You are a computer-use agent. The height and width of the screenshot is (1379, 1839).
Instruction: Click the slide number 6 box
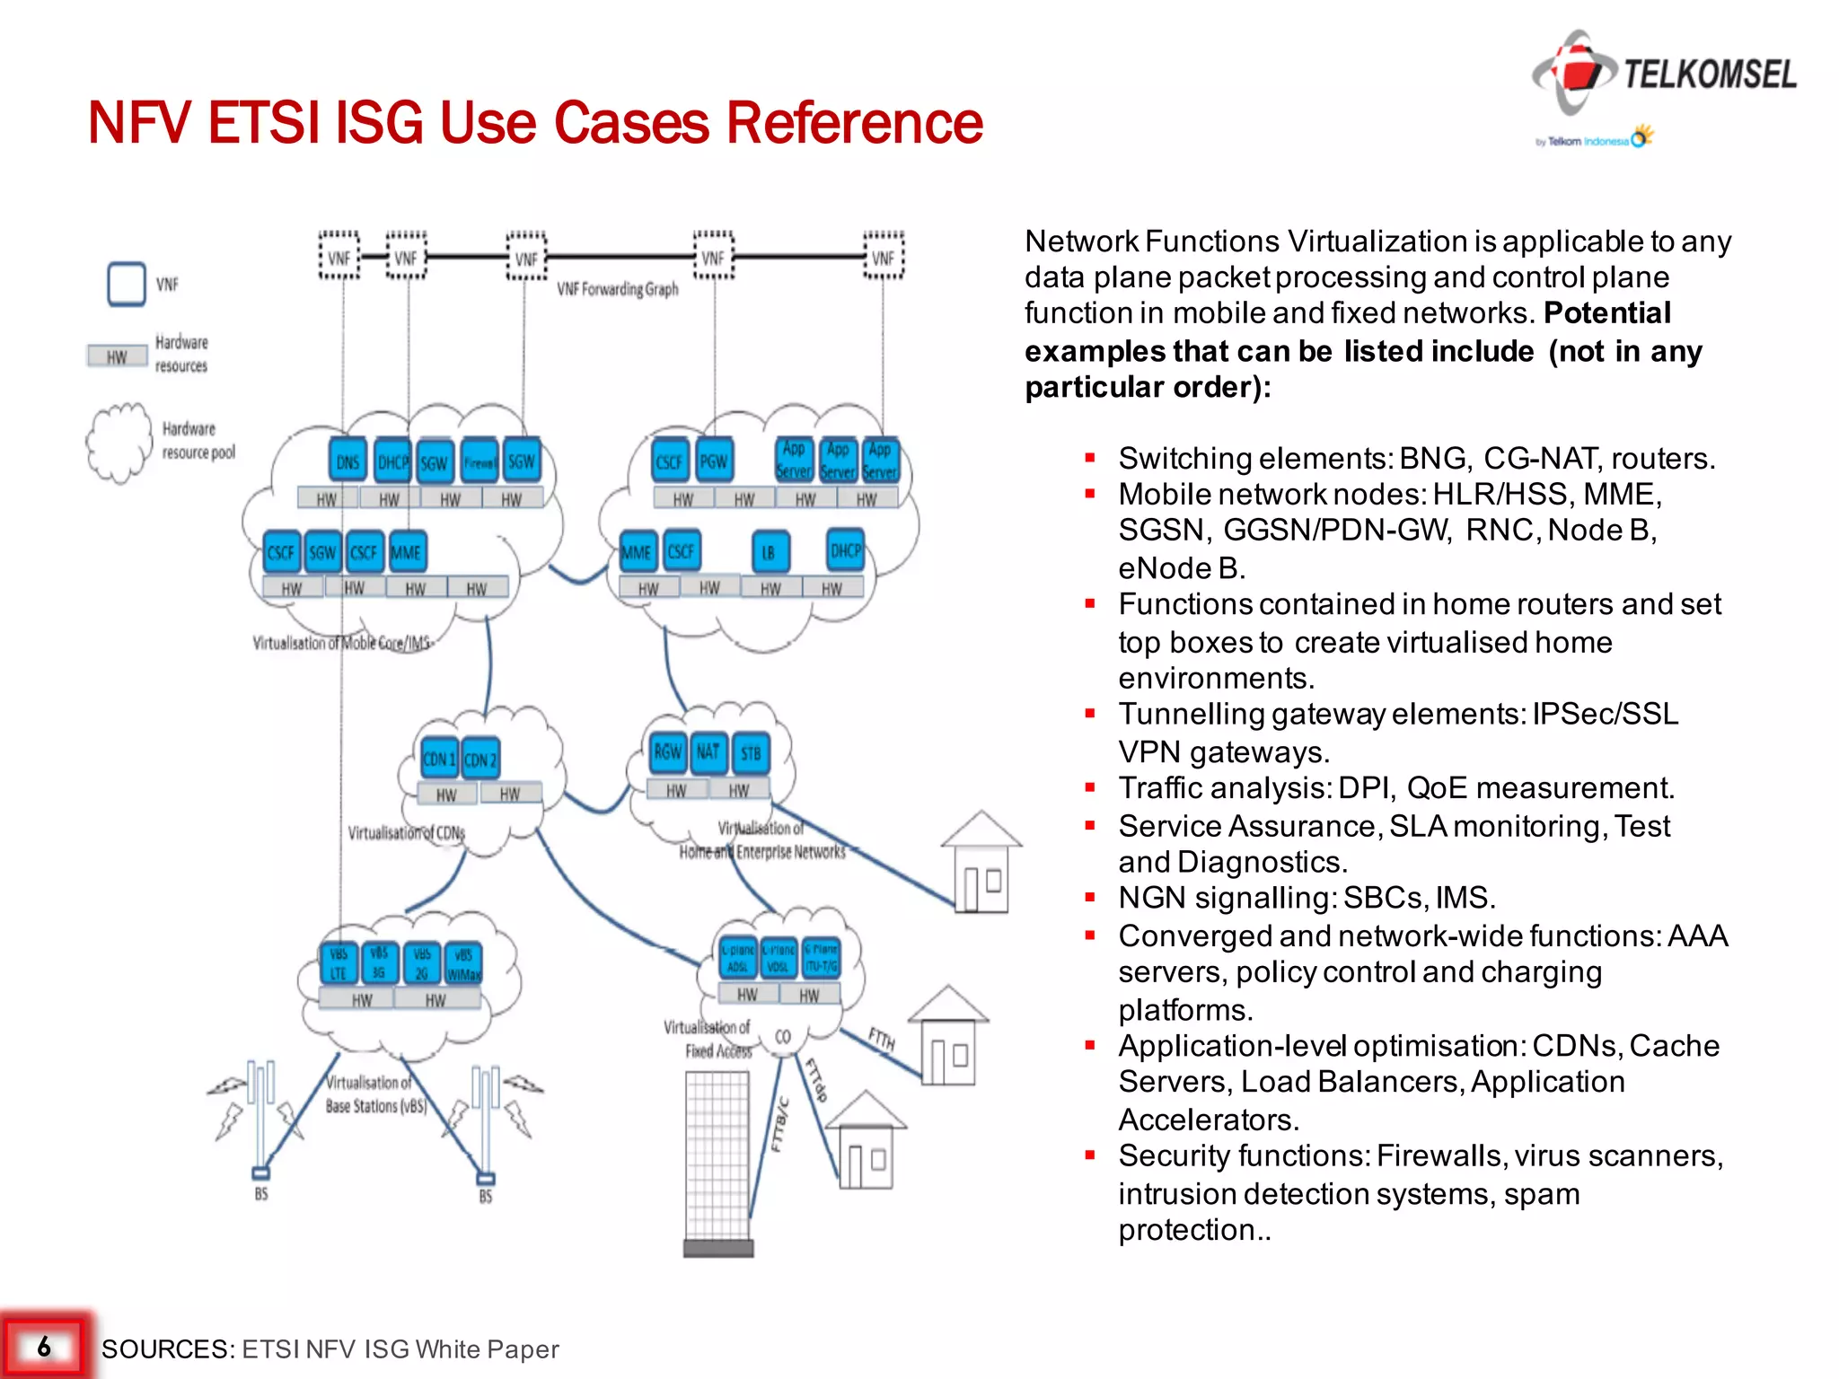click(44, 1346)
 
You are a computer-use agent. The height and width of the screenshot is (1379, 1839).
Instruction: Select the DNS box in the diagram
click(348, 462)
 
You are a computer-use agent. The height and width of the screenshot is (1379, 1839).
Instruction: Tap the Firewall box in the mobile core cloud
click(480, 462)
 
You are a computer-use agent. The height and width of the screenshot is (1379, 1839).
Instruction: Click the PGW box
click(714, 461)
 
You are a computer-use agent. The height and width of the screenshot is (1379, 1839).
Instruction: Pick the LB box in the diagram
click(770, 552)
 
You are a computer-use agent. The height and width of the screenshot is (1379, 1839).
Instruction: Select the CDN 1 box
click(438, 760)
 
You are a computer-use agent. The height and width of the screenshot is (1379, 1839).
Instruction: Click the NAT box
click(708, 752)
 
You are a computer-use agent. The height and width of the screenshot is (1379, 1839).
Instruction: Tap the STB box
click(751, 753)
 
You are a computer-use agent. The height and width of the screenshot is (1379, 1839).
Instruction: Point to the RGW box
click(667, 752)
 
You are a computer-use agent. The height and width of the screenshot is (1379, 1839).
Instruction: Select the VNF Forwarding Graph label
click(618, 289)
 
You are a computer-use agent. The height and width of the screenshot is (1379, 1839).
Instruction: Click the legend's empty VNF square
click(127, 285)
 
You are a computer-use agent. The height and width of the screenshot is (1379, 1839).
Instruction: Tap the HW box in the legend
click(117, 356)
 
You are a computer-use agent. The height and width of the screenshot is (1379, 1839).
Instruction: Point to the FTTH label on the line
click(883, 1039)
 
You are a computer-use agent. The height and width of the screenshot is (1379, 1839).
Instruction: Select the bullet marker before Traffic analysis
click(1090, 787)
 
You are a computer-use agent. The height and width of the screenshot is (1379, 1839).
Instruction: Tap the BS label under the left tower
click(261, 1194)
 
